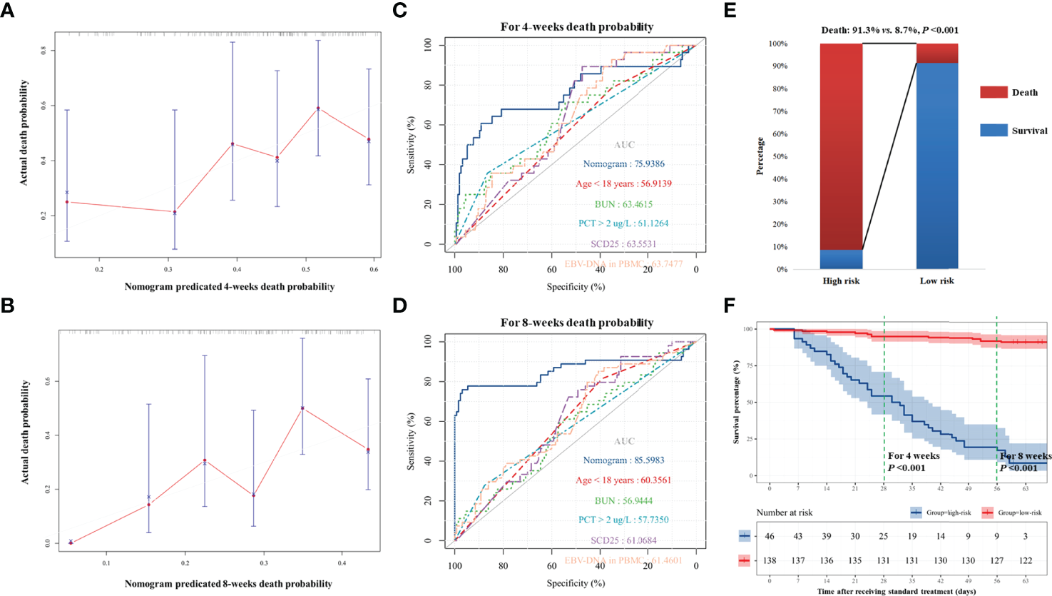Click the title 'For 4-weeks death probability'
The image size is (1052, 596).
[576, 27]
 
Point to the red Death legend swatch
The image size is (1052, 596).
[993, 92]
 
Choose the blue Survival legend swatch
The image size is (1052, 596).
[993, 131]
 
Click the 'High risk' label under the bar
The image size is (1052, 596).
[841, 281]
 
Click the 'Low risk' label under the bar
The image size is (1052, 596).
[936, 281]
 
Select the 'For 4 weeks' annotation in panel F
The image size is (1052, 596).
[913, 455]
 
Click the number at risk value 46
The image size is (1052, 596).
[770, 536]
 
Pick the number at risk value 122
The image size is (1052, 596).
[1026, 561]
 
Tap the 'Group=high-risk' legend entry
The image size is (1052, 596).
[940, 512]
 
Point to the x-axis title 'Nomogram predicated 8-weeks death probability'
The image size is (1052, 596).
[228, 584]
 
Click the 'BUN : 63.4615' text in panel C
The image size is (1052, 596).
[623, 204]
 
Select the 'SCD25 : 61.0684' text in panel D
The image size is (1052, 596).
[623, 540]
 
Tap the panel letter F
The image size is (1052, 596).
[729, 305]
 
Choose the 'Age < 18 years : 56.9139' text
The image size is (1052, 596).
[623, 184]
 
